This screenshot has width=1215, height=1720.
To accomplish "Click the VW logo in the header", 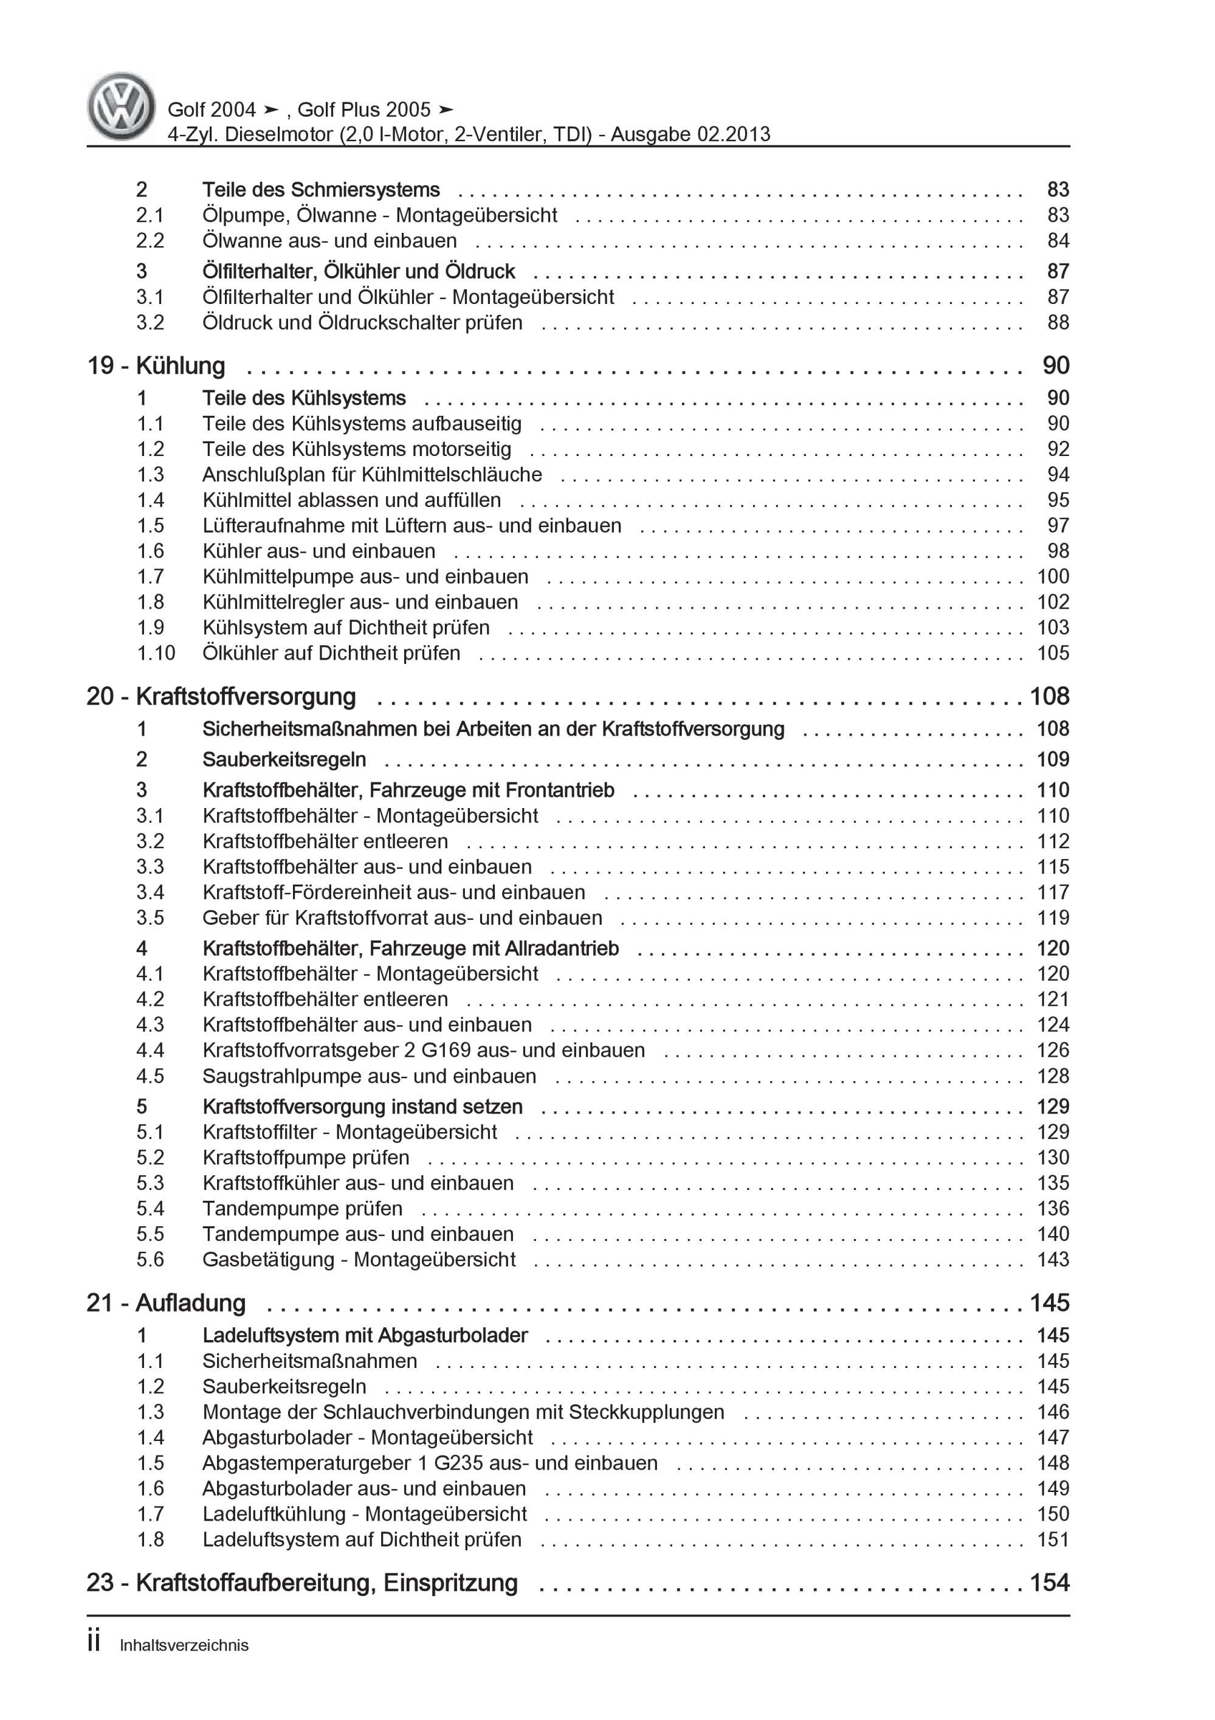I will click(x=122, y=106).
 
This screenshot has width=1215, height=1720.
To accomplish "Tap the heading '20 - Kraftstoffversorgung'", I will click(x=221, y=696).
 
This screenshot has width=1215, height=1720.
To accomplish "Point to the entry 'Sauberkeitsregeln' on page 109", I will click(x=284, y=759).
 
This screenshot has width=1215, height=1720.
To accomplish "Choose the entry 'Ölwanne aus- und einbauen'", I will click(x=329, y=241).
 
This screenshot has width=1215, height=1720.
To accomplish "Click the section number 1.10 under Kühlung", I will click(x=155, y=653).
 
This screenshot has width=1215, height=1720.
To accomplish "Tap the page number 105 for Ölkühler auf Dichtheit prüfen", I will click(x=1053, y=653).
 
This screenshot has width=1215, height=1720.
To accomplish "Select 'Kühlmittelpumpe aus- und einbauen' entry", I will click(x=365, y=577).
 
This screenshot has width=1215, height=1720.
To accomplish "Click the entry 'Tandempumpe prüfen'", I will click(x=302, y=1208).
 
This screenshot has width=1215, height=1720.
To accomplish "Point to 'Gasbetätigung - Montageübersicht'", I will click(x=358, y=1259).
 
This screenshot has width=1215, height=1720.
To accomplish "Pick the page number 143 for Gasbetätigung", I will click(x=1053, y=1259).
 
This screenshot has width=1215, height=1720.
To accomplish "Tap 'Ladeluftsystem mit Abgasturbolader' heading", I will click(x=365, y=1336).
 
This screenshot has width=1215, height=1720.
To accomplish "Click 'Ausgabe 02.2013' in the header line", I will click(x=690, y=134).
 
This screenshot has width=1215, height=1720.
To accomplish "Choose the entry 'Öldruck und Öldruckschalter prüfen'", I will click(x=362, y=323).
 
